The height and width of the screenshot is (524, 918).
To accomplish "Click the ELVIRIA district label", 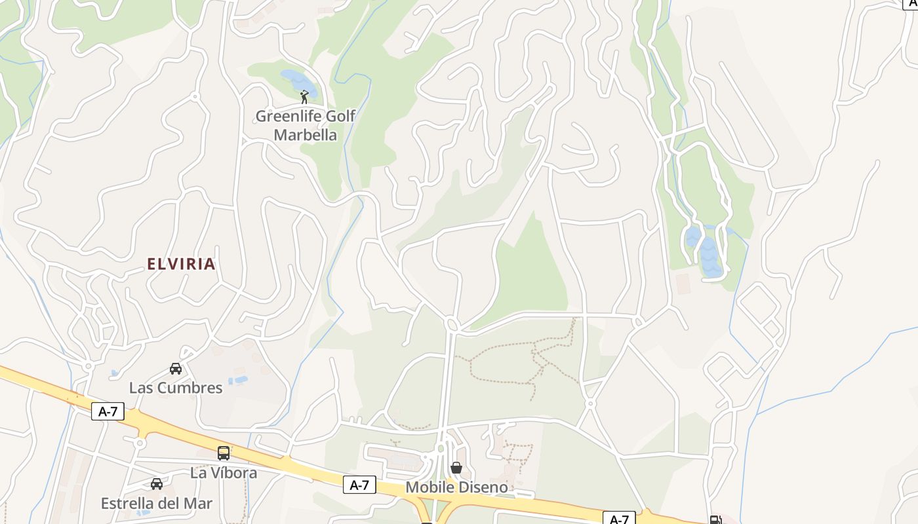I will pyautogui.click(x=181, y=264).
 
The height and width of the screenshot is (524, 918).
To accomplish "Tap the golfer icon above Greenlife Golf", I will pyautogui.click(x=304, y=98).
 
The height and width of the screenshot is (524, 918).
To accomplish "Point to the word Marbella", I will pyautogui.click(x=305, y=136).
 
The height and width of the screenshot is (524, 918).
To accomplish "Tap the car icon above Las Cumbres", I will pyautogui.click(x=176, y=369).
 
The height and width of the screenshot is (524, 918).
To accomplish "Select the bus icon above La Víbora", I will pyautogui.click(x=224, y=453).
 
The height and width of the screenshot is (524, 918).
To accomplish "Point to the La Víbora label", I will pyautogui.click(x=224, y=472).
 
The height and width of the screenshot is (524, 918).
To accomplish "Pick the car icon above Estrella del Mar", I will pyautogui.click(x=157, y=484).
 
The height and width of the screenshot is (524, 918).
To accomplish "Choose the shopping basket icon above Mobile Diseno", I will pyautogui.click(x=456, y=468).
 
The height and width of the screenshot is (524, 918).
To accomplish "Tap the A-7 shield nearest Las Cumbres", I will pyautogui.click(x=108, y=411).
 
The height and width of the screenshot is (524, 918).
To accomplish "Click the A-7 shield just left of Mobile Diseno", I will pyautogui.click(x=359, y=485).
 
